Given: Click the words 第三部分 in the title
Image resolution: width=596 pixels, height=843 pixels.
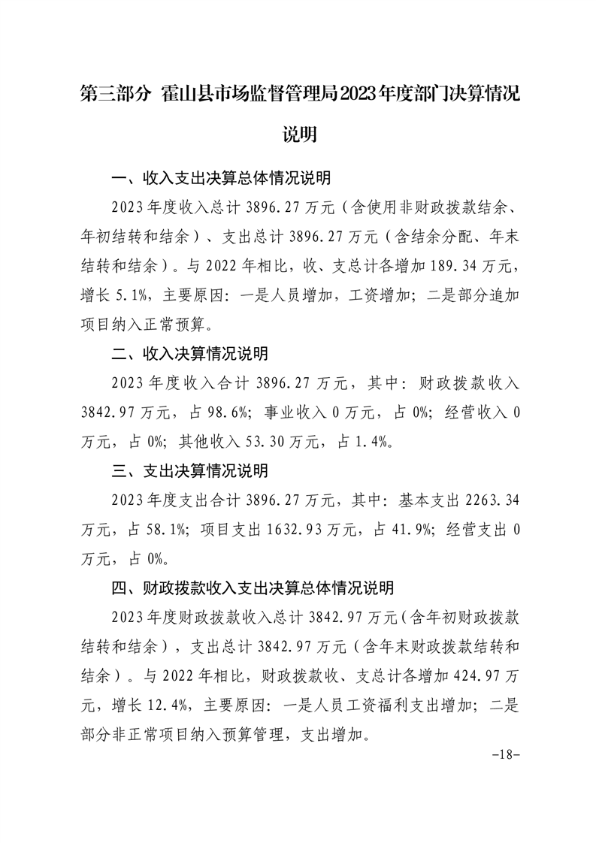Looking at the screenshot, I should (115, 95).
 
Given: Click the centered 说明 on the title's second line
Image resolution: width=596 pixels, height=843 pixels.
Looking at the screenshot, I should (298, 135).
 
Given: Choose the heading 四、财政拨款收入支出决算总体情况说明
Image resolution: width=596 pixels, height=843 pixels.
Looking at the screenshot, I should (253, 588).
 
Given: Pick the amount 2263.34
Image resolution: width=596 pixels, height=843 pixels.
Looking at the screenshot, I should (493, 500).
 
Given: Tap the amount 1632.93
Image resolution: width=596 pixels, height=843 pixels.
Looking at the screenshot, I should (300, 529).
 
